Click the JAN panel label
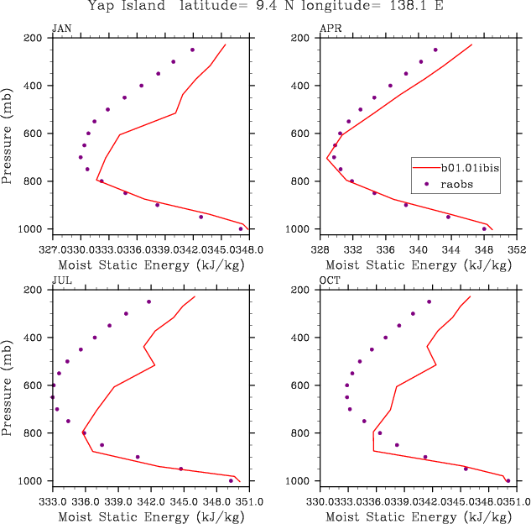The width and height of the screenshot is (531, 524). (61, 28)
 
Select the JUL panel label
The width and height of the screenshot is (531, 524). (60, 280)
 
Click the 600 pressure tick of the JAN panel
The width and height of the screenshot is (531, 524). (34, 134)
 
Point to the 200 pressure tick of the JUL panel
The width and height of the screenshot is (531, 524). (34, 290)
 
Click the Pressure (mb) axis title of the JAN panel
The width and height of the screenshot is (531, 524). (8, 134)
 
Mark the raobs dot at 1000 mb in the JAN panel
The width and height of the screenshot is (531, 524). (241, 228)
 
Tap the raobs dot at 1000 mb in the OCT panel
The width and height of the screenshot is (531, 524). (508, 480)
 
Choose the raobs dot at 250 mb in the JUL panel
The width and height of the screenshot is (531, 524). (148, 301)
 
